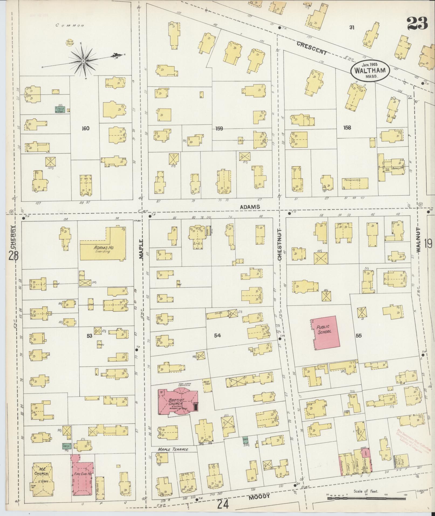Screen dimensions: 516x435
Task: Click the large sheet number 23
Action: (x=417, y=23)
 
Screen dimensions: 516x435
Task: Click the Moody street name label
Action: (x=259, y=496)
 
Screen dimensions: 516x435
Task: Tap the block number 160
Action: (x=85, y=128)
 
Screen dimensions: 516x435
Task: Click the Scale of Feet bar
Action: (x=366, y=498)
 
